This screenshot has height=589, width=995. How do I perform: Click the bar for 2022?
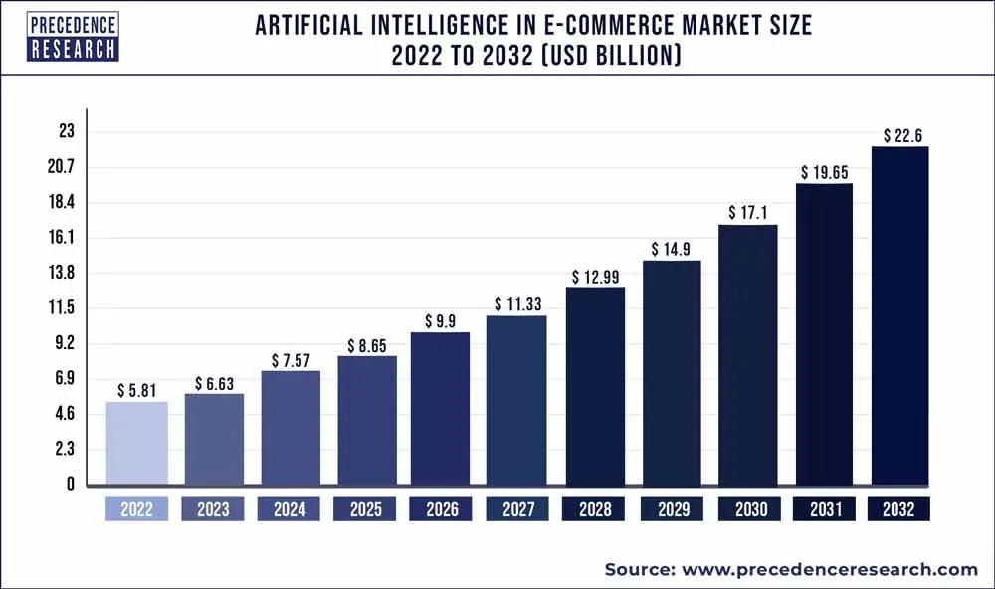click(x=136, y=444)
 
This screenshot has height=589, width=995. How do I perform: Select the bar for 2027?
click(x=516, y=401)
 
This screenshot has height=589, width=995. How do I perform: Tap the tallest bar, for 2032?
click(x=899, y=316)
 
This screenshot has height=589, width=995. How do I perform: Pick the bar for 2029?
click(x=672, y=373)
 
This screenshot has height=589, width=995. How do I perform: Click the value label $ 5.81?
click(x=136, y=391)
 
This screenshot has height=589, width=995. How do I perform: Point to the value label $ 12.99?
click(x=595, y=276)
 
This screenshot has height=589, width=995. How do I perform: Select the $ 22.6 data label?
click(x=900, y=135)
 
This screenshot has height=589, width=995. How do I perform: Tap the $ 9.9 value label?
click(x=441, y=320)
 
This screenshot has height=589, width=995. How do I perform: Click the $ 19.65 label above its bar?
click(x=823, y=172)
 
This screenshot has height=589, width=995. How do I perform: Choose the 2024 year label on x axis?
click(x=289, y=509)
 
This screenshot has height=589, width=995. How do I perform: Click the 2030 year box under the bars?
click(x=747, y=509)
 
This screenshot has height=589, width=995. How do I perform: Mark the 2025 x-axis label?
click(x=365, y=509)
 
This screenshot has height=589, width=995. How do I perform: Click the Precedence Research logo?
click(x=74, y=37)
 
